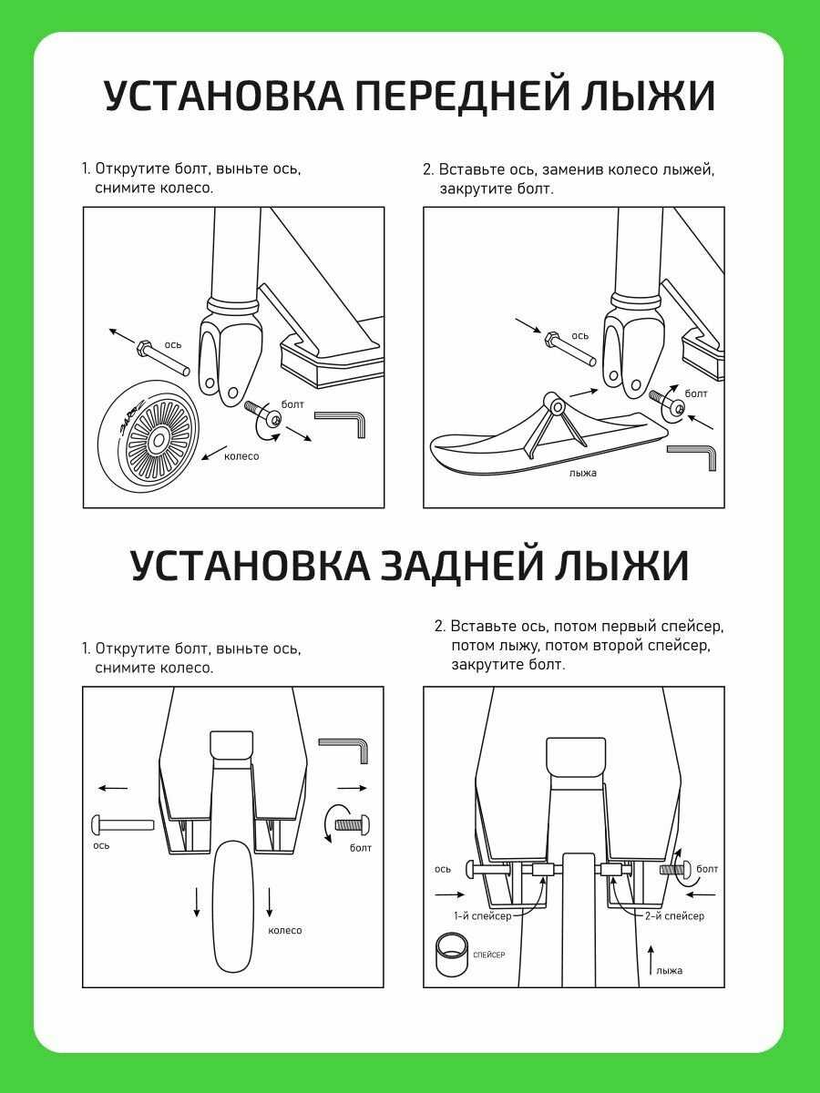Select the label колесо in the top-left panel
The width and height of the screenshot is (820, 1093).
click(241, 456)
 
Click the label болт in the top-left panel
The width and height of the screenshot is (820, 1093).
click(292, 404)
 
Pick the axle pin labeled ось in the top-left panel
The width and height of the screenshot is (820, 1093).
click(162, 357)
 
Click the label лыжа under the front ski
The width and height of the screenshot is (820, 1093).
click(583, 473)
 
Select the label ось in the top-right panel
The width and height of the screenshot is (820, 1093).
click(579, 336)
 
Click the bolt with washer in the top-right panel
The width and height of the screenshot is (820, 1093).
click(667, 403)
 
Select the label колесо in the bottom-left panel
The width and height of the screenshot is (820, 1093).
click(285, 930)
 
